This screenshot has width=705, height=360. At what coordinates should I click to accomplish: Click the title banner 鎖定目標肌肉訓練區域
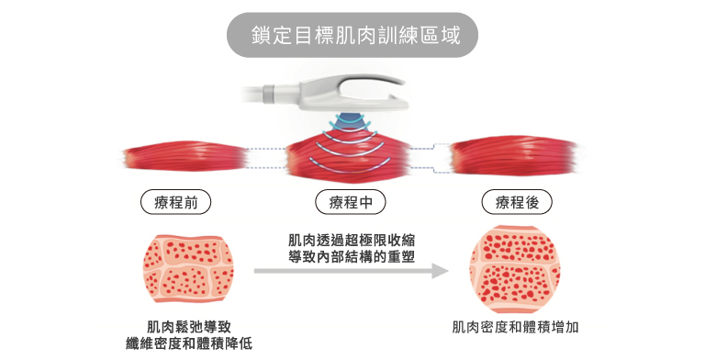(x=352, y=36)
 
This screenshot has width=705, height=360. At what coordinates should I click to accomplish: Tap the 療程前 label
(x=176, y=202)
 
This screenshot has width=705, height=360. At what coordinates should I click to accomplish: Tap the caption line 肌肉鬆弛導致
(x=188, y=326)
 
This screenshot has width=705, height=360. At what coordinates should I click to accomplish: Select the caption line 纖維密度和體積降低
(x=188, y=343)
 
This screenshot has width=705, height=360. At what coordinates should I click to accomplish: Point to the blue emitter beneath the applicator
(x=352, y=122)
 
